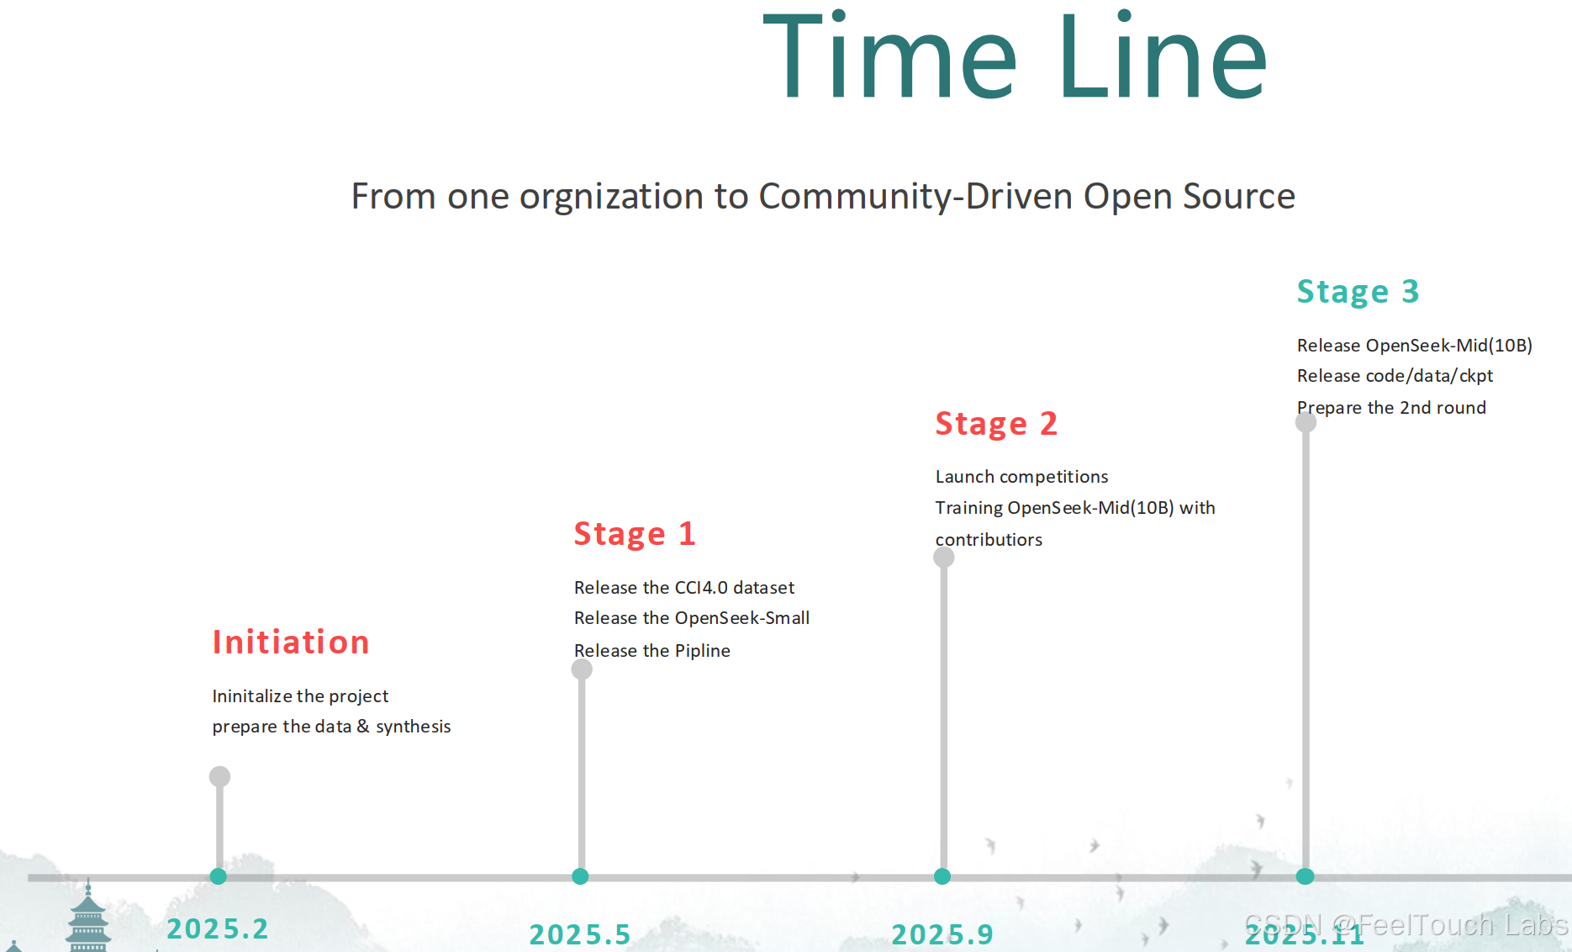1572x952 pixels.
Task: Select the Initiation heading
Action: tap(291, 643)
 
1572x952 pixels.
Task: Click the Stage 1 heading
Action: tap(635, 534)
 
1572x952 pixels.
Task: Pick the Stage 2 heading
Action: tap(996, 424)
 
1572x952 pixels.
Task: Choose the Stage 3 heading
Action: tap(1358, 292)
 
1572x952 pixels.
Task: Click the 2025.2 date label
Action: tap(218, 928)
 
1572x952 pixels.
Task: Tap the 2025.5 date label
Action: tap(580, 934)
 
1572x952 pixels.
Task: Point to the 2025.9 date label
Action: tap(942, 934)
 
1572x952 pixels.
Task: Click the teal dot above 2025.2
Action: tap(219, 876)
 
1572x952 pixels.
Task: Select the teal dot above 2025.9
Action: tap(942, 876)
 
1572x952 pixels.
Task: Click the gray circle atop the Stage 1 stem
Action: tap(582, 669)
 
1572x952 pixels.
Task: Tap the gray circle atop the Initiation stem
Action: tap(219, 776)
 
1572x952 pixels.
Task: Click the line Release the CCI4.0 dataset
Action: tap(683, 588)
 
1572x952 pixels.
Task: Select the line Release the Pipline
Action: tap(651, 651)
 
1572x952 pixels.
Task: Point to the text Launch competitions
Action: tap(1021, 477)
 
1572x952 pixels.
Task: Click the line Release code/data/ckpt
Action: tap(1395, 376)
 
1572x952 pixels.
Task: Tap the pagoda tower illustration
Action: tap(88, 921)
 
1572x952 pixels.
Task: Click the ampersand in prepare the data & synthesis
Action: tap(363, 726)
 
